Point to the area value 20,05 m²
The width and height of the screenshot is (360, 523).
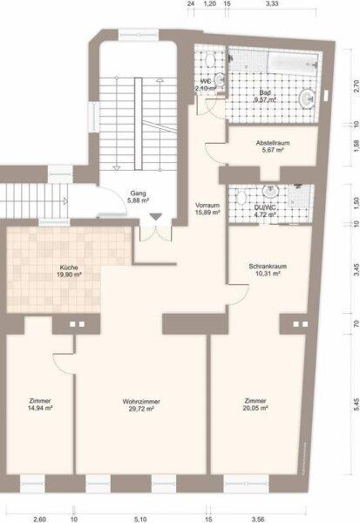pyautogui.click(x=255, y=408)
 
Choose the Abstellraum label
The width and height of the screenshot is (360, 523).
pyautogui.click(x=266, y=142)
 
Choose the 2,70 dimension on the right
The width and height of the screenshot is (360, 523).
pyautogui.click(x=355, y=87)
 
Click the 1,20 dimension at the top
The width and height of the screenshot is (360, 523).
pyautogui.click(x=209, y=4)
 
